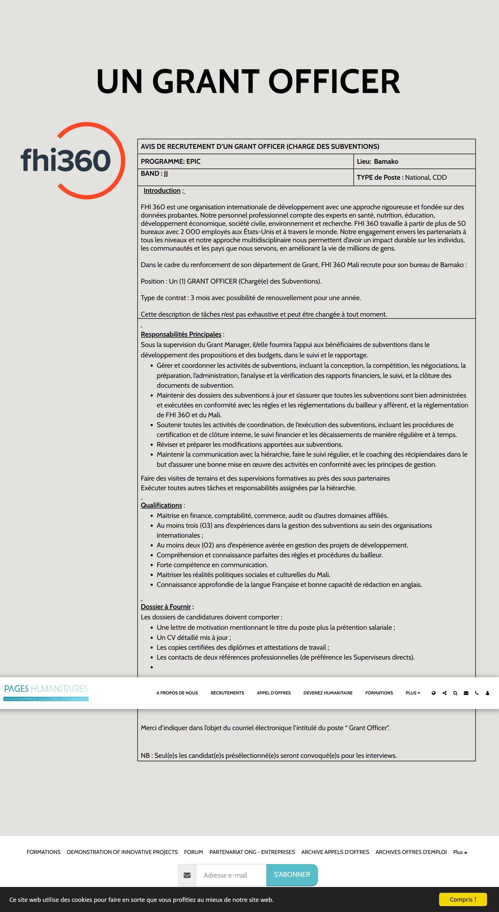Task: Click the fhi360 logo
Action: [73, 160]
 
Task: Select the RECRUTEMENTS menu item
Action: [227, 693]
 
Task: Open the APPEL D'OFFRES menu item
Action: [274, 693]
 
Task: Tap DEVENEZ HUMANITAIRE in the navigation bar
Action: [328, 693]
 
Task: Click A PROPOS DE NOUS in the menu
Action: [177, 693]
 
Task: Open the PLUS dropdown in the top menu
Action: [413, 693]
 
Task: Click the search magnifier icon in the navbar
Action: [455, 693]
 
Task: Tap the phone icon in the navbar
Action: [477, 693]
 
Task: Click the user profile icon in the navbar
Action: [487, 693]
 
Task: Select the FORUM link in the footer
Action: [193, 852]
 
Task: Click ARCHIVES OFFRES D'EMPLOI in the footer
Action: [411, 852]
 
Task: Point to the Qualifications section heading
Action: [161, 505]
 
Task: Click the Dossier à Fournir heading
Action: [166, 607]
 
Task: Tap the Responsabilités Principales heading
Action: [181, 334]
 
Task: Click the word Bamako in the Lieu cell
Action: [386, 161]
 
